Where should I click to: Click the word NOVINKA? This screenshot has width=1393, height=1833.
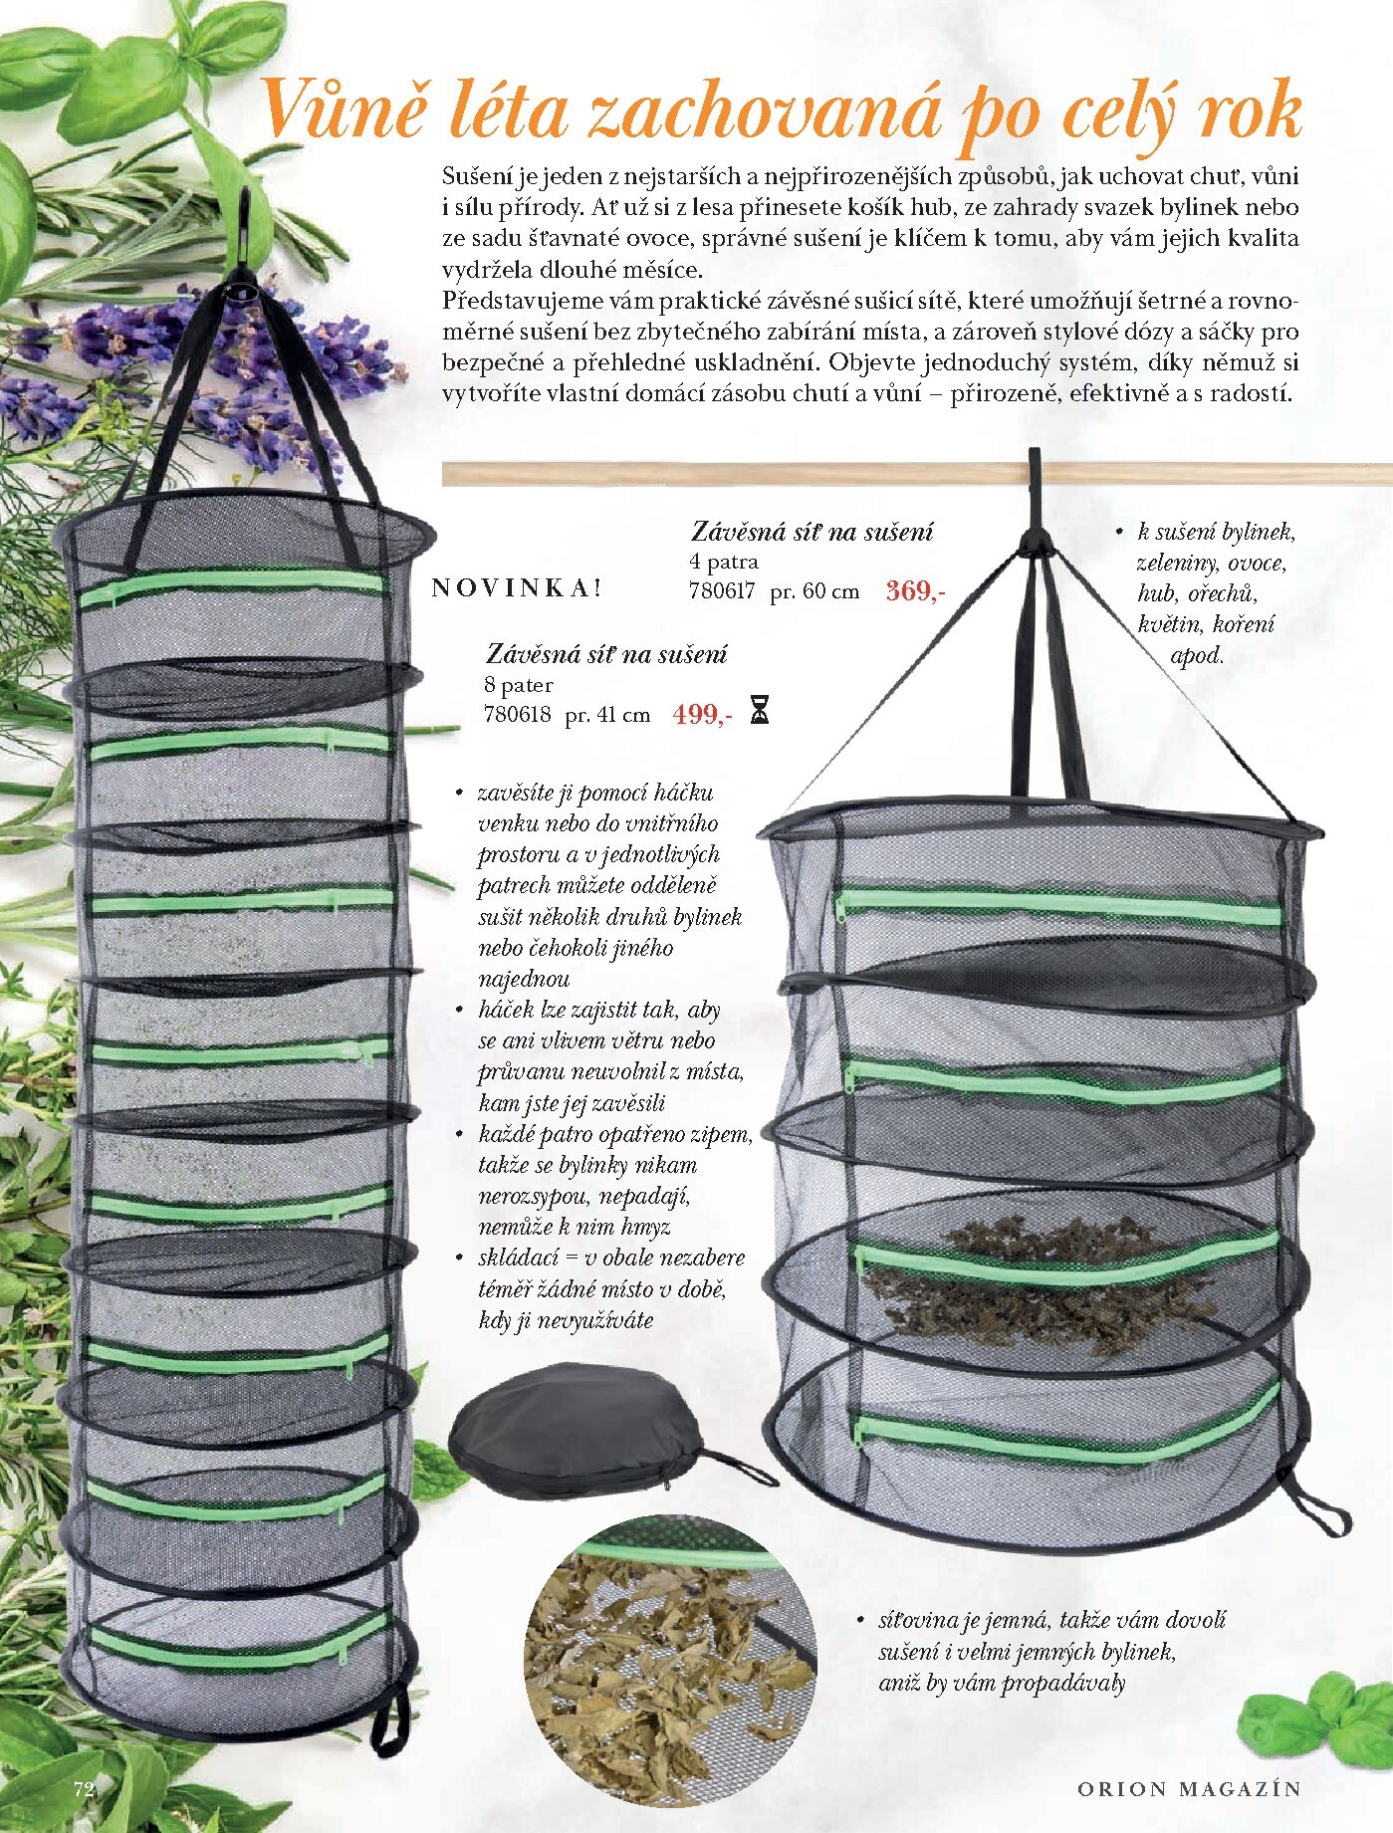[x=517, y=587]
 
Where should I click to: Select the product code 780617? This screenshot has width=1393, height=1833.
[x=722, y=591]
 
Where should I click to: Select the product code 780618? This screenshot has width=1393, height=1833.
[x=517, y=715]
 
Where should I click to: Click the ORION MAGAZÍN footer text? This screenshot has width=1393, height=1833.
[x=1189, y=1788]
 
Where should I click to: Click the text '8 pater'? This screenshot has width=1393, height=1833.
[x=518, y=685]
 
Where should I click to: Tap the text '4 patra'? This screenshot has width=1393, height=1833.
[x=724, y=562]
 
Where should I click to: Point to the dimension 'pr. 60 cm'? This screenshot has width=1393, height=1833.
[x=814, y=591]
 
